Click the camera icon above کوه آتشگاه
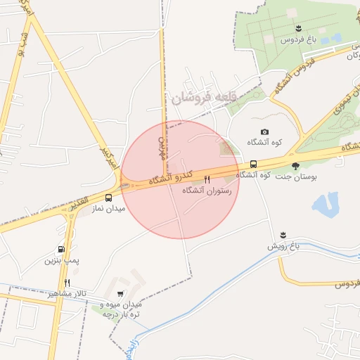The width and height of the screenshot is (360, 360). click(x=264, y=131)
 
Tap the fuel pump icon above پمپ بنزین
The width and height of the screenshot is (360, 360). click(x=63, y=249)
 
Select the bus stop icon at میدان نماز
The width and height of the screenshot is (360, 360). click(x=109, y=198)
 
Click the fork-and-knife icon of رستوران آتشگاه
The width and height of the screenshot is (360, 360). click(x=207, y=180)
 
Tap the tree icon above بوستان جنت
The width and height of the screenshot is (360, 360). click(x=295, y=167)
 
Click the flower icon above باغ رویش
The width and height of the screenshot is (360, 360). click(x=283, y=235)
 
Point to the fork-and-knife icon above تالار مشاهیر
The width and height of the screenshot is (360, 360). click(x=67, y=283)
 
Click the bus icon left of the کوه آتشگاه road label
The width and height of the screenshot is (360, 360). click(x=253, y=165)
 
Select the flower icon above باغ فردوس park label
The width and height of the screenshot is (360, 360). click(x=300, y=29)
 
